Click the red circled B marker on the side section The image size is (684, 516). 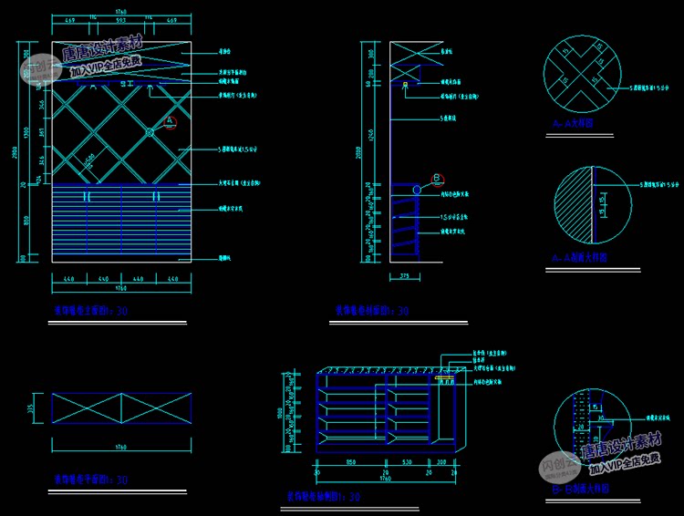coord(437,178)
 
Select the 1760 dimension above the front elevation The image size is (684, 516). coord(120,12)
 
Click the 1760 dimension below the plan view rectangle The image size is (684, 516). coord(120,448)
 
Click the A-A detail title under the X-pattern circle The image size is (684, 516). coord(573,121)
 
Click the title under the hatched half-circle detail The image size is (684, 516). coord(580,258)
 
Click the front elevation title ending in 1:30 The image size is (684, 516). coord(90,311)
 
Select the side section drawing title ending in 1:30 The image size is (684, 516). coord(371,311)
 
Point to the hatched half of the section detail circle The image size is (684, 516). coord(572,204)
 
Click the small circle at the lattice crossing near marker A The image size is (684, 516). coord(151,133)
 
